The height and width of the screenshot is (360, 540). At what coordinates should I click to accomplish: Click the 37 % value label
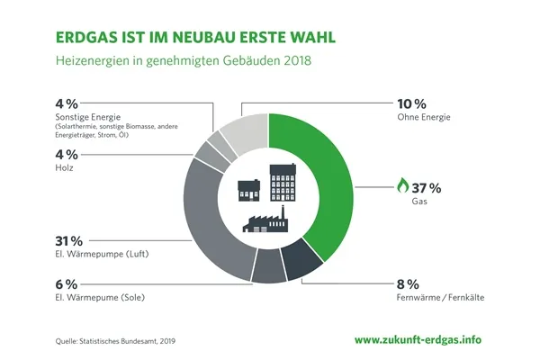427,187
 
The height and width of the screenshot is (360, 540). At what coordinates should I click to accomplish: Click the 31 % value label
69,240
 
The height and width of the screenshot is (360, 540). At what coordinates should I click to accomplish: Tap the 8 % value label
407,282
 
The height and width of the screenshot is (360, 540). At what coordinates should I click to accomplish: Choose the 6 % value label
65,283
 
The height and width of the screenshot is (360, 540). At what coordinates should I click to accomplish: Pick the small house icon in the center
248,190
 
